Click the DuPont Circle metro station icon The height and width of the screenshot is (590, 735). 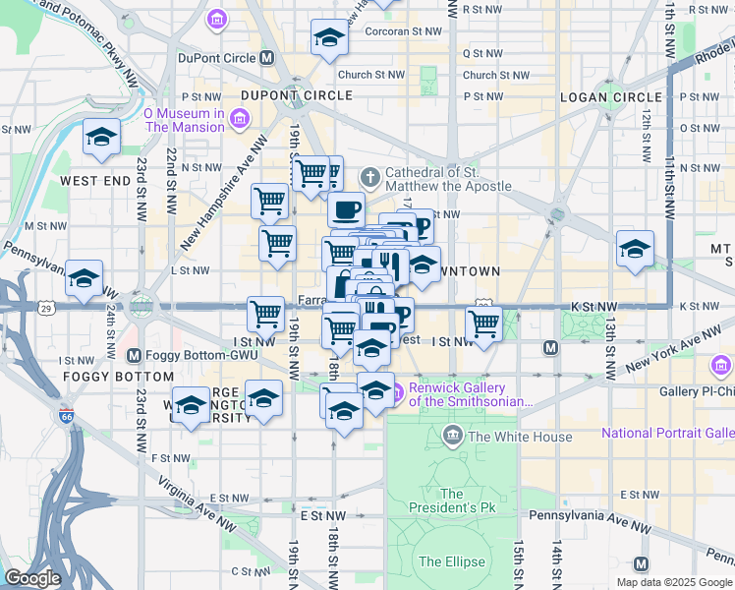pyautogui.click(x=266, y=58)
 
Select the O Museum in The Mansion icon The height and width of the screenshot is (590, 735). pyautogui.click(x=239, y=120)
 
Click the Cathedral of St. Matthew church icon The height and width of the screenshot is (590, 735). pyautogui.click(x=369, y=178)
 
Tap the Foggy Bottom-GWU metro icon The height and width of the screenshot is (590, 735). pyautogui.click(x=134, y=355)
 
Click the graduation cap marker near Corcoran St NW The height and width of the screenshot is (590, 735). pyautogui.click(x=330, y=38)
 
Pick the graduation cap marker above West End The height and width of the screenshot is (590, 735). pyautogui.click(x=100, y=138)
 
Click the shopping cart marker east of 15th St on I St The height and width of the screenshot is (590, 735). pyautogui.click(x=483, y=323)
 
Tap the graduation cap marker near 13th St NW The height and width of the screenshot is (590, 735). pyautogui.click(x=635, y=249)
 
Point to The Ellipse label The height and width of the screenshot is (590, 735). pyautogui.click(x=452, y=561)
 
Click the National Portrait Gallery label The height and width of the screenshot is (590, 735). pyautogui.click(x=667, y=433)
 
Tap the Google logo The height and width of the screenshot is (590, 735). pyautogui.click(x=32, y=578)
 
